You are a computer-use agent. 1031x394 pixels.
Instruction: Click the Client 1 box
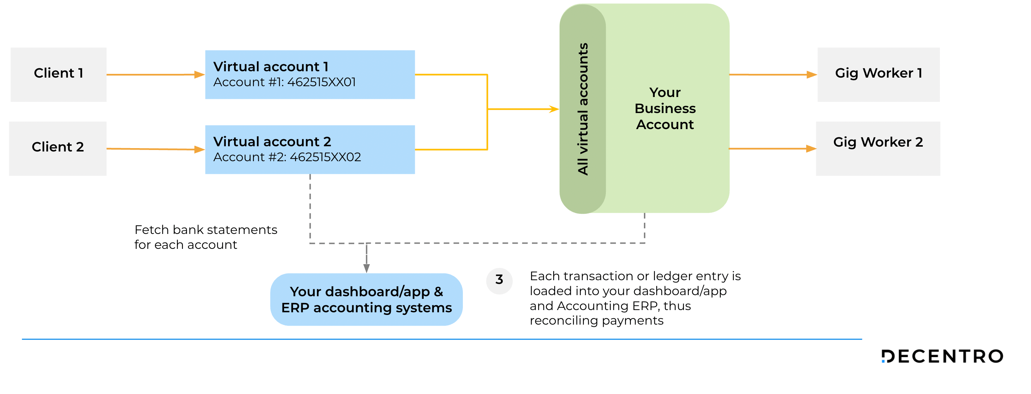(59, 74)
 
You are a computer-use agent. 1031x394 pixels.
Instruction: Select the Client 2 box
(57, 148)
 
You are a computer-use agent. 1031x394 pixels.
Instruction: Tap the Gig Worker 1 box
(878, 74)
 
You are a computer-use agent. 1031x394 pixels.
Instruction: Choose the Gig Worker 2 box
(878, 148)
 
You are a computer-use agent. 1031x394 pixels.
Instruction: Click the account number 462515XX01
(321, 82)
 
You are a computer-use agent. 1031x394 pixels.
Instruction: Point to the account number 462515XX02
(326, 157)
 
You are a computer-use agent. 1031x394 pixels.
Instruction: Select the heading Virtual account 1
(271, 66)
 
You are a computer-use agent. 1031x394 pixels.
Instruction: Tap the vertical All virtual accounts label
(583, 109)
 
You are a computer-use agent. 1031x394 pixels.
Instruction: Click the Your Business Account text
(665, 109)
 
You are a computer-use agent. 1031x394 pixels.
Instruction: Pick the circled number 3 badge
(499, 281)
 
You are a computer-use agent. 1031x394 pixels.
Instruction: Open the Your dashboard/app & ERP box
(366, 300)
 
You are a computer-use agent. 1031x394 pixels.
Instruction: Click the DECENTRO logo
(942, 356)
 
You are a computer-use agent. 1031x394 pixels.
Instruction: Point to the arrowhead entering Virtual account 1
(199, 74)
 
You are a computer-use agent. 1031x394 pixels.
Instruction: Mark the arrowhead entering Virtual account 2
(199, 150)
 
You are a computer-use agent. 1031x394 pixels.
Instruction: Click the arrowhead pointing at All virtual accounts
(554, 109)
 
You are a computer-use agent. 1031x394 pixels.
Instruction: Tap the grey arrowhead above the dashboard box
(366, 268)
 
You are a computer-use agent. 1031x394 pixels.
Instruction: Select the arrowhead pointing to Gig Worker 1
(812, 74)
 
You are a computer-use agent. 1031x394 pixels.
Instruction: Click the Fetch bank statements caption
(206, 237)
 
